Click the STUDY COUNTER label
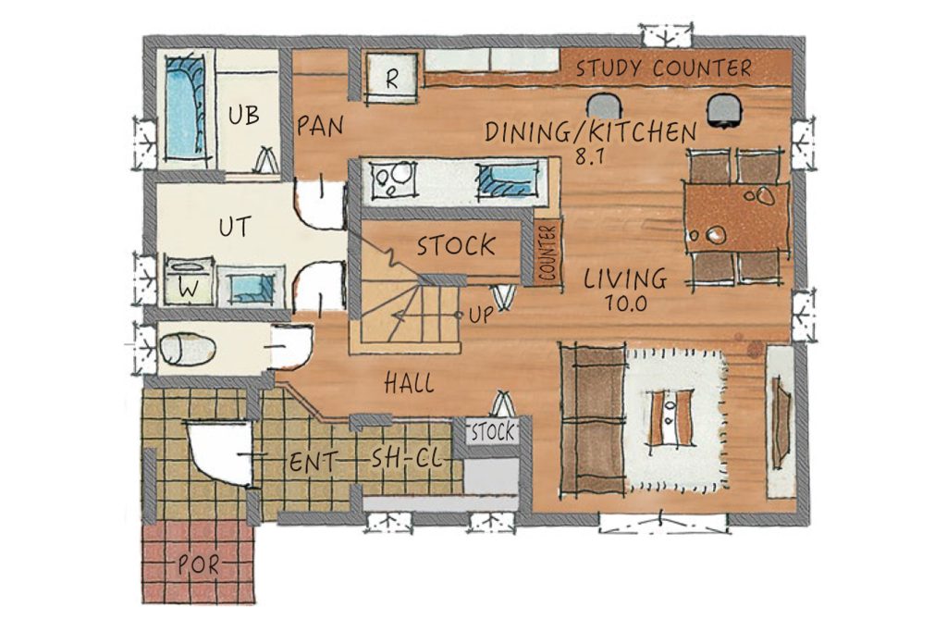pos(663,68)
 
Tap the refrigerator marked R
pos(391,79)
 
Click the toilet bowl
pos(187,350)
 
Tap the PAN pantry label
pos(320,126)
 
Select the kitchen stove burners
pos(394,179)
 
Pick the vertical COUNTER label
pos(548,253)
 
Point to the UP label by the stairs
pos(481,316)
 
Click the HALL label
pos(410,383)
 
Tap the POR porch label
pos(199,565)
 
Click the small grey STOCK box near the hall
pos(493,432)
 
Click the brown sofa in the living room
pos(592,420)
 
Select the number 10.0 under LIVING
pos(626,303)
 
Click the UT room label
pos(235,228)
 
